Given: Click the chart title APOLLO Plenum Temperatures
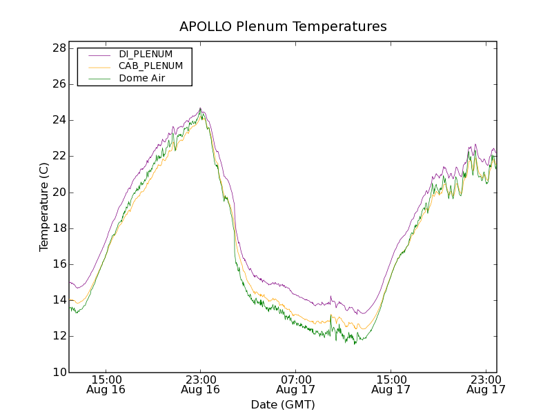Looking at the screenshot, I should click(283, 27).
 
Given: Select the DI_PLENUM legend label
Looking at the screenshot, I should click(146, 54).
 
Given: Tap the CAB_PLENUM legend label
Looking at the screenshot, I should click(150, 66).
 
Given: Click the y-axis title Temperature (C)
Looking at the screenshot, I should click(44, 206).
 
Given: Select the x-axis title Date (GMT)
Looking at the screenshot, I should click(283, 404).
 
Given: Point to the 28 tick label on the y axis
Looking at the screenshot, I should click(58, 48).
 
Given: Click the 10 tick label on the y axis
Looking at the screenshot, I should click(58, 373).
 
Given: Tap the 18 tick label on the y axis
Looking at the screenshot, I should click(58, 228).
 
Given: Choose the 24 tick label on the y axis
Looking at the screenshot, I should click(58, 120).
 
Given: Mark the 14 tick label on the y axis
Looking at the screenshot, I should click(58, 300).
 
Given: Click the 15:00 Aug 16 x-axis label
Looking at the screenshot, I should click(106, 384).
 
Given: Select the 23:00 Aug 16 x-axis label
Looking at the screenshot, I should click(201, 384).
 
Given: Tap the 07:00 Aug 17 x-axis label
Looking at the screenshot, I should click(295, 384).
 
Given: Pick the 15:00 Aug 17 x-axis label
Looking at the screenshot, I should click(391, 384).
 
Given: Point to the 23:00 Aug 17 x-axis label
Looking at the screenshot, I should click(485, 384).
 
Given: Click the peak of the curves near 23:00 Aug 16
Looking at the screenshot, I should click(200, 109).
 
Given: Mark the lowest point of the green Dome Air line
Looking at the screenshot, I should click(355, 343).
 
